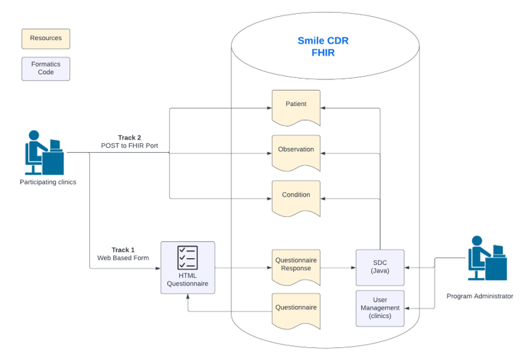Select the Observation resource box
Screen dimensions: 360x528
(x=296, y=151)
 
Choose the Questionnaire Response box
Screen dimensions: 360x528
(x=296, y=266)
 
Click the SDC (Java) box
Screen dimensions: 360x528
(x=380, y=267)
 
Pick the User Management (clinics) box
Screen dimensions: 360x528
(x=380, y=308)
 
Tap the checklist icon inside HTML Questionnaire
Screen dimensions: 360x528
(x=187, y=258)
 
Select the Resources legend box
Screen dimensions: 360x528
(x=46, y=38)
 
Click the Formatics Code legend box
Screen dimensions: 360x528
(x=46, y=69)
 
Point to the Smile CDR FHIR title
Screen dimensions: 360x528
(x=323, y=47)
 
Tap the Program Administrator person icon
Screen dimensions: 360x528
(x=487, y=259)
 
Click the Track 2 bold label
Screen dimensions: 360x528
(x=129, y=137)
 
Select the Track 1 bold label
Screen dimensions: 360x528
(x=123, y=250)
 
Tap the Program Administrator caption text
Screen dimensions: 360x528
(x=479, y=296)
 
